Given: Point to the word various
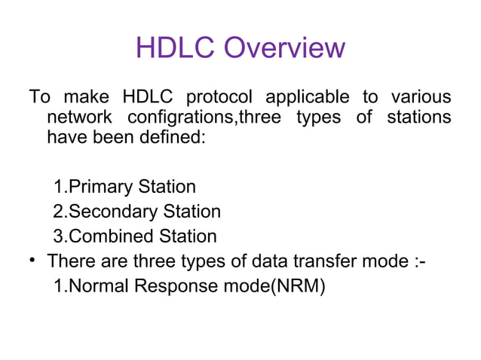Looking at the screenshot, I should tap(421, 99).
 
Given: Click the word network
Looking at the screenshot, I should tap(78, 119).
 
